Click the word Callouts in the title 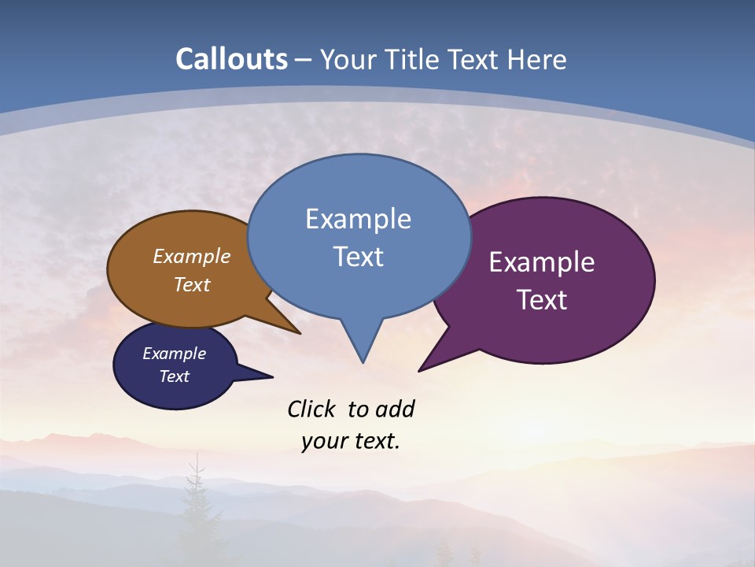pyautogui.click(x=231, y=59)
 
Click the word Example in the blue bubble pyautogui.click(x=358, y=219)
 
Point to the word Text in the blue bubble pyautogui.click(x=358, y=257)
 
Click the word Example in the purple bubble pyautogui.click(x=542, y=262)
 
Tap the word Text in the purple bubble pyautogui.click(x=542, y=300)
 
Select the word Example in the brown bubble pyautogui.click(x=192, y=256)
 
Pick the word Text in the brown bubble pyautogui.click(x=192, y=284)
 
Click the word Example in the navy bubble pyautogui.click(x=174, y=354)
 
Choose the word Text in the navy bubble pyautogui.click(x=174, y=376)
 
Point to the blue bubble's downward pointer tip pyautogui.click(x=363, y=361)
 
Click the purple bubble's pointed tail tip pyautogui.click(x=420, y=370)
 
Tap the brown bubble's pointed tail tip pyautogui.click(x=300, y=333)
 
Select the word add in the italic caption pyautogui.click(x=395, y=409)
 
